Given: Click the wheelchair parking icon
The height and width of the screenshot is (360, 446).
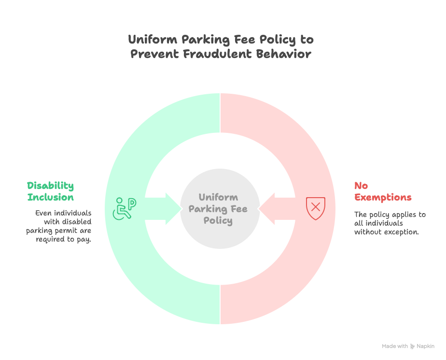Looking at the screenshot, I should [125, 208].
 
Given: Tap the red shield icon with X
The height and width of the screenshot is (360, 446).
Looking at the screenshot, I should [316, 208].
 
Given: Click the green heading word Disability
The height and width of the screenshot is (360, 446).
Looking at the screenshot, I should [50, 186].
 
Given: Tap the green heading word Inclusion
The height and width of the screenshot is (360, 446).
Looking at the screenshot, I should [50, 197].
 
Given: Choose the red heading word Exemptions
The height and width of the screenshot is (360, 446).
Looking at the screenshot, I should [383, 197].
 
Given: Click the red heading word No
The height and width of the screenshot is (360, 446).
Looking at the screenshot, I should [361, 186].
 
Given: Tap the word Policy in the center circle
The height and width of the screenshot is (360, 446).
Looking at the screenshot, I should [218, 220].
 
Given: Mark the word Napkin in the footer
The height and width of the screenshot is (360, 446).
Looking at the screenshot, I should [426, 346].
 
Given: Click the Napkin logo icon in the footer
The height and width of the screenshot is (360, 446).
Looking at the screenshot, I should [413, 346].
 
